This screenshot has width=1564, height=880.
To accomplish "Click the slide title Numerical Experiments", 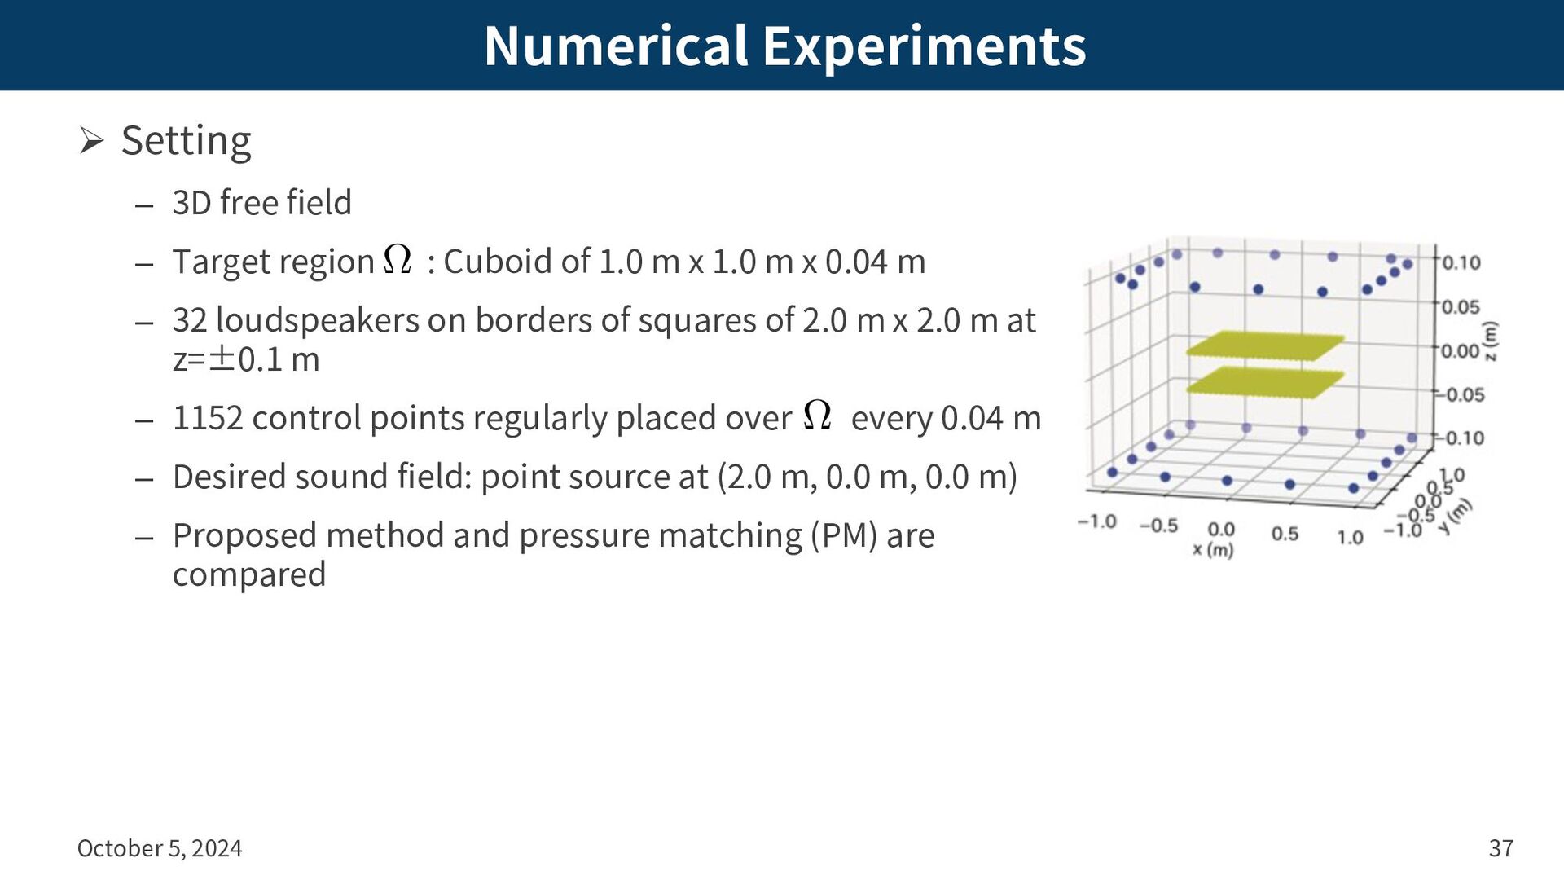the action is (784, 46).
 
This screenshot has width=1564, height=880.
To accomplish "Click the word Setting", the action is (187, 141).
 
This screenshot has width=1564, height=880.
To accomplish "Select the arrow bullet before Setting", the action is (91, 141).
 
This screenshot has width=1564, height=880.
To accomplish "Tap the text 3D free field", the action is (261, 202).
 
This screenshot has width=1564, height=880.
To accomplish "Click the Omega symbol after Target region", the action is (398, 260).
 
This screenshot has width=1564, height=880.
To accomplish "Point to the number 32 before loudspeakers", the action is (190, 320).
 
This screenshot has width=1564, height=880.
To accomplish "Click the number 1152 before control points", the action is (208, 418).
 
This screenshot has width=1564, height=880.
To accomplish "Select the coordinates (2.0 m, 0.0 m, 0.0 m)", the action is (868, 477).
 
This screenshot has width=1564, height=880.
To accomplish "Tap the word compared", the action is (249, 574).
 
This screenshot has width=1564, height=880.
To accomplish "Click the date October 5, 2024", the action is (160, 848).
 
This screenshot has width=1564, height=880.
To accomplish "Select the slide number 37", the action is (1500, 848).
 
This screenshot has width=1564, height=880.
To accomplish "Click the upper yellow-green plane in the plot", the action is (1264, 346).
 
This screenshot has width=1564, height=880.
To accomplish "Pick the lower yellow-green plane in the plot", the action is (1264, 382).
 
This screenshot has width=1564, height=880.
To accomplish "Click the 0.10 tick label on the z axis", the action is (1461, 263).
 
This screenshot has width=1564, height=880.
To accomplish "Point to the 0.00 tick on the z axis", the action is (1461, 351).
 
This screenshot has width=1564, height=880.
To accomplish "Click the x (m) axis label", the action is (1213, 550).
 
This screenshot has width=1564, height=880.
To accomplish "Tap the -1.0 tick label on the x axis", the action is (1096, 521).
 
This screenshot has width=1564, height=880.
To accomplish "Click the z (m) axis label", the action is (1491, 341).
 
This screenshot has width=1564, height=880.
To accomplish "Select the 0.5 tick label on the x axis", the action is (1285, 534).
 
